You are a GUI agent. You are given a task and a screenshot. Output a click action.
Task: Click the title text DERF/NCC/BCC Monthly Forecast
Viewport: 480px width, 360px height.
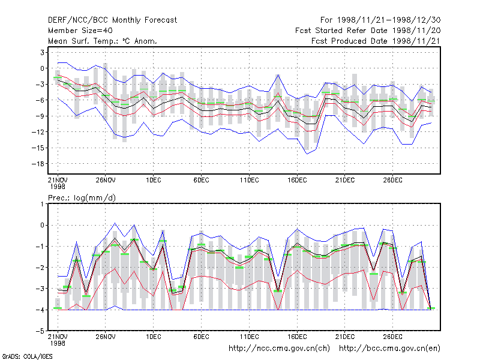pos(112,20)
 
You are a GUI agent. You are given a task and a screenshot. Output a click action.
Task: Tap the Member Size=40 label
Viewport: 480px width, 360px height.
pos(80,31)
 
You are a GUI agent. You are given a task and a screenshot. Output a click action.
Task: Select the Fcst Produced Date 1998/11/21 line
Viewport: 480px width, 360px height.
pos(376,41)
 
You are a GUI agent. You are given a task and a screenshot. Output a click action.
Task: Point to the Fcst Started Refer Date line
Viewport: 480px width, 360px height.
pos(368,31)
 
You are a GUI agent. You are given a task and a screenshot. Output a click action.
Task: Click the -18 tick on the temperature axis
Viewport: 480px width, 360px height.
pos(38,164)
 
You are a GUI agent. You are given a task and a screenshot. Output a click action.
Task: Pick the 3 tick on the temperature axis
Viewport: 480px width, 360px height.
pos(42,52)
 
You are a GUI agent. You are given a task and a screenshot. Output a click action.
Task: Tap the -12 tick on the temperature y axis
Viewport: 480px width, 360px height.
pos(38,132)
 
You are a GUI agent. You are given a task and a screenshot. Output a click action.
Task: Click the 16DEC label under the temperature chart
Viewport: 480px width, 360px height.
pos(297,180)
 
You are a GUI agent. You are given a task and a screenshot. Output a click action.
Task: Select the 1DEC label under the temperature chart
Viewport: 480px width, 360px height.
pos(154,180)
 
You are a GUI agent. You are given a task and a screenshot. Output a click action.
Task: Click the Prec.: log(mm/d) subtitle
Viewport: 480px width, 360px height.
pos(82,198)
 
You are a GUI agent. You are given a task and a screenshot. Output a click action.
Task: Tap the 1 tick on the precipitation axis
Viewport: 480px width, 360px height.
pos(42,204)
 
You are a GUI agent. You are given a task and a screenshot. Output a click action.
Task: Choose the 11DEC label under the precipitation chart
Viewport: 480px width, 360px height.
pos(249,337)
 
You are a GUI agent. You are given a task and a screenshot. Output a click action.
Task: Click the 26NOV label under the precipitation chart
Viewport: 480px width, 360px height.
pos(106,337)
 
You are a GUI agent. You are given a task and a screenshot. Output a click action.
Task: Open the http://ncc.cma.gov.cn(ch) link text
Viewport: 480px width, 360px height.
pos(279,349)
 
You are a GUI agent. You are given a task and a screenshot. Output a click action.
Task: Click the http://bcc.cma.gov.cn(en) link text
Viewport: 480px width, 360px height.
pos(389,349)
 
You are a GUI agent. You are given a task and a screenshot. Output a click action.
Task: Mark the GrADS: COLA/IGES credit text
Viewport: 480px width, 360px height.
pos(27,356)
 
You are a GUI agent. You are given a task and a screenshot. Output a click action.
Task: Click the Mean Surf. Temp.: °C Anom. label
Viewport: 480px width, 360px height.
pos(103,41)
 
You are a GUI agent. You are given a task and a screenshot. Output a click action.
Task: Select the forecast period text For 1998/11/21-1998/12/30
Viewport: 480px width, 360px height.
pos(380,20)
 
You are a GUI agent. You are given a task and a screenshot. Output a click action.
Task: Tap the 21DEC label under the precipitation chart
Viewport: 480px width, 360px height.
pos(344,337)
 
